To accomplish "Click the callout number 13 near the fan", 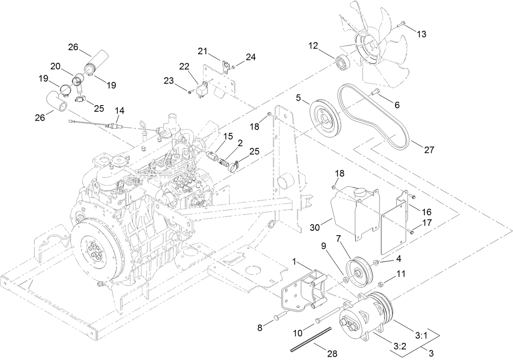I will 421,34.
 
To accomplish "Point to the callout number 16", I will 427,212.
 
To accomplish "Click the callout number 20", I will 55,66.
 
